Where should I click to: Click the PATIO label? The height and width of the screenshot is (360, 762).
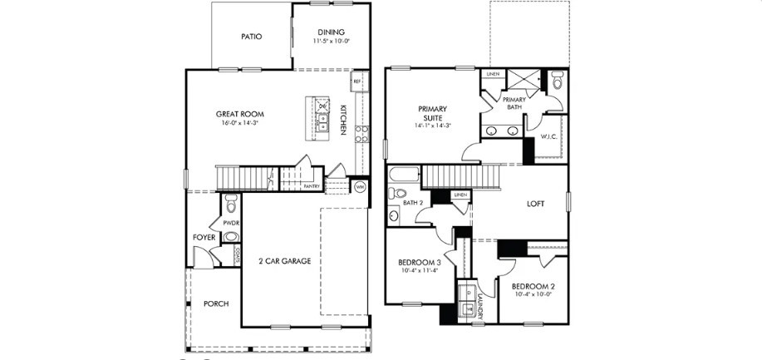pyautogui.click(x=251, y=37)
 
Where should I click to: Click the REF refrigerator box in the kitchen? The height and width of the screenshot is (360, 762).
pyautogui.click(x=356, y=81)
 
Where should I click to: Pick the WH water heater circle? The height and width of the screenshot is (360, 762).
pyautogui.click(x=359, y=187)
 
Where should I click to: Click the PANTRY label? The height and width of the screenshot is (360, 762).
pyautogui.click(x=312, y=186)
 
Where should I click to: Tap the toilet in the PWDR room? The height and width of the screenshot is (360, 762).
pyautogui.click(x=232, y=202)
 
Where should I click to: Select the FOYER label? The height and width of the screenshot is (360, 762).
pyautogui.click(x=204, y=238)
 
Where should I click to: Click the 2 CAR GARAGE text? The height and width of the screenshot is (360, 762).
pyautogui.click(x=283, y=261)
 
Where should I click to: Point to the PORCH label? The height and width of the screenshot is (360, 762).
pyautogui.click(x=215, y=303)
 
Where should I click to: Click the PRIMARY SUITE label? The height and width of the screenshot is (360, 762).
pyautogui.click(x=432, y=114)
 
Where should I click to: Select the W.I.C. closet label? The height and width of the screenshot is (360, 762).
pyautogui.click(x=548, y=136)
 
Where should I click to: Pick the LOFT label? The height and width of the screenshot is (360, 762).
pyautogui.click(x=536, y=203)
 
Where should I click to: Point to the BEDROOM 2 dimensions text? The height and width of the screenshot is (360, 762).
pyautogui.click(x=533, y=294)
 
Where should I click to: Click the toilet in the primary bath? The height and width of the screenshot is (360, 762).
pyautogui.click(x=557, y=82)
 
